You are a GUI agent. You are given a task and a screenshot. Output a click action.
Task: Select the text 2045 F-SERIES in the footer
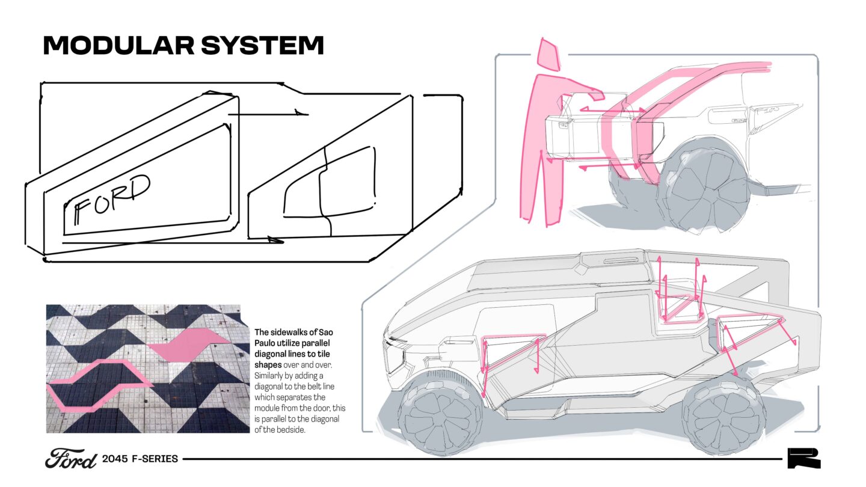140,459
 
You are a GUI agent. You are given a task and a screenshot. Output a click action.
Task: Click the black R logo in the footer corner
803,459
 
